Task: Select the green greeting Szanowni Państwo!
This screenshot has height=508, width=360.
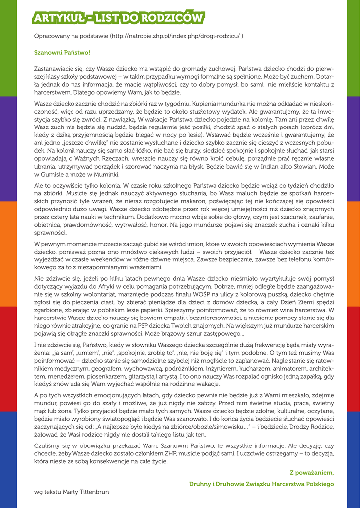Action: coord(62,52)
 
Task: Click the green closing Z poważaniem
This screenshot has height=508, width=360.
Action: coord(311,472)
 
